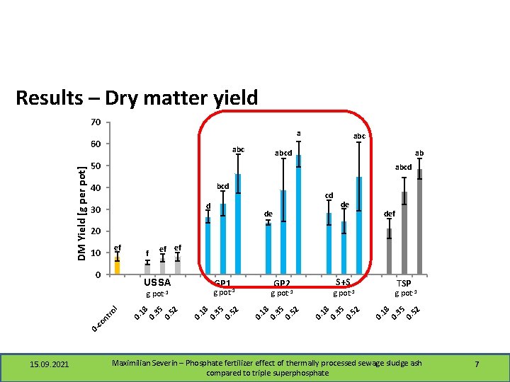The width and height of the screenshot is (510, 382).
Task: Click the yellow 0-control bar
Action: (x=117, y=266)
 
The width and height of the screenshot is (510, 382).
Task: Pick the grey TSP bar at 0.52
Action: (x=419, y=222)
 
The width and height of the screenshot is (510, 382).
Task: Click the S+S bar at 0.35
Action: (x=344, y=248)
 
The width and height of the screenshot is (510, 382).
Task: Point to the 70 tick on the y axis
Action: (x=96, y=122)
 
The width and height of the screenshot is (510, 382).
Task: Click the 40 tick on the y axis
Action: (x=96, y=187)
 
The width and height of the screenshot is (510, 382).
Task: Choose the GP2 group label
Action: (x=283, y=283)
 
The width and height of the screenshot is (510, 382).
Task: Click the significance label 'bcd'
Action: (x=222, y=186)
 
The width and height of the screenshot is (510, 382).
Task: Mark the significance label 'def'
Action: (x=390, y=213)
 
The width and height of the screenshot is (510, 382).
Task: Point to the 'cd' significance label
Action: (x=329, y=195)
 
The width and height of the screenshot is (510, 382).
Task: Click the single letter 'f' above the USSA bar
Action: (x=147, y=253)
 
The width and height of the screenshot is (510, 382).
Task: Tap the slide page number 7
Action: (x=477, y=364)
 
